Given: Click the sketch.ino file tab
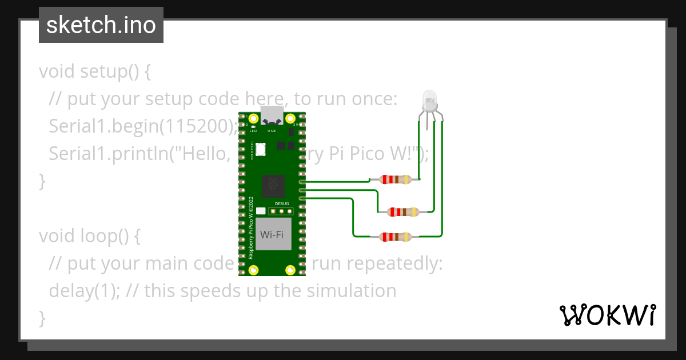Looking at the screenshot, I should tap(101, 25).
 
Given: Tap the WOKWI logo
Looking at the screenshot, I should tap(607, 315).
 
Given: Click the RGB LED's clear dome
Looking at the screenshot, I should tap(429, 101).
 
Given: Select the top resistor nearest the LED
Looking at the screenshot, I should tap(395, 179).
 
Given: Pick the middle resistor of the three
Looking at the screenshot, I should tap(403, 212).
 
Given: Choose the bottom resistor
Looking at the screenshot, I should tap(395, 237).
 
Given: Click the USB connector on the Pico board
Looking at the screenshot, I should tap(272, 115).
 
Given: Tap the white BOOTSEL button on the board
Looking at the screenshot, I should tap(261, 149).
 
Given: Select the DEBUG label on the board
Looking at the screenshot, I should tap(282, 203).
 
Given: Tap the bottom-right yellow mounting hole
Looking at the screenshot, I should tap(290, 269).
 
